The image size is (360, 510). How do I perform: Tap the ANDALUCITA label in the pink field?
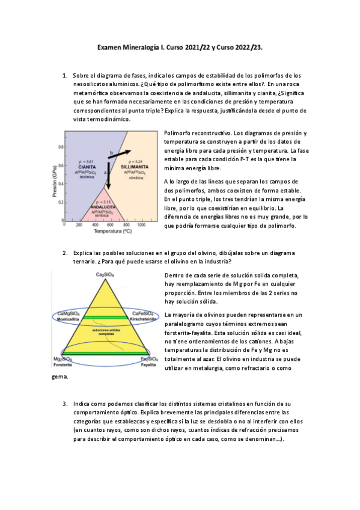[103, 206]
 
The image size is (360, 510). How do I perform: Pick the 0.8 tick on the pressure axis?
[61, 146]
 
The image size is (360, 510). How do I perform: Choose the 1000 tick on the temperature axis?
[142, 224]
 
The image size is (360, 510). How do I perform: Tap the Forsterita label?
[62, 364]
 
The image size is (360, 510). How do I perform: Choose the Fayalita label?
[149, 364]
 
